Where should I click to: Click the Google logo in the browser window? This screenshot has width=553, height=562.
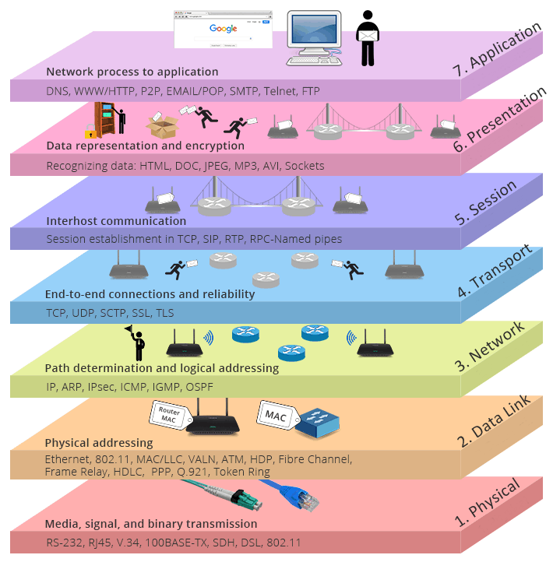tap(223, 29)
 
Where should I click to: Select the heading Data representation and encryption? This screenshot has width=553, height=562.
tap(145, 146)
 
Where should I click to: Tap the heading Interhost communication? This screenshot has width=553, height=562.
tap(116, 221)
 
